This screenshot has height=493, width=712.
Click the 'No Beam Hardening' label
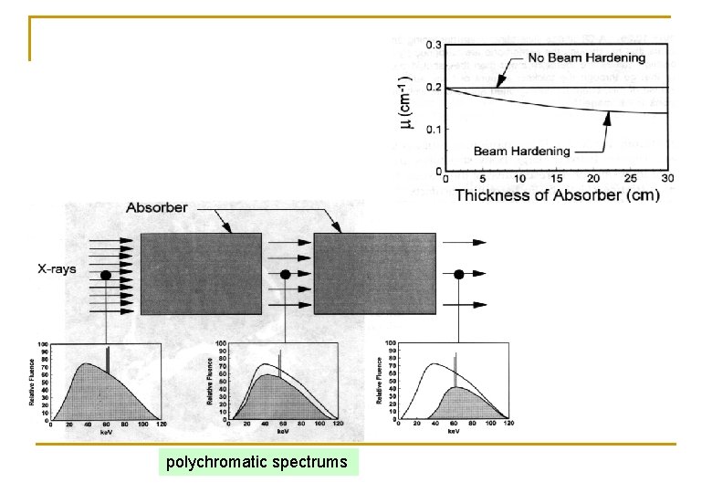click(x=586, y=58)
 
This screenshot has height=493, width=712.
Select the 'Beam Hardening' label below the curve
click(x=522, y=151)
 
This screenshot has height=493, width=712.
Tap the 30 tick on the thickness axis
click(x=668, y=179)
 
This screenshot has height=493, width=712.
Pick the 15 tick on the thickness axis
click(x=556, y=179)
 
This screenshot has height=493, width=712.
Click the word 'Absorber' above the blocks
click(x=157, y=207)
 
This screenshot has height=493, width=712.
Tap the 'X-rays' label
click(x=57, y=269)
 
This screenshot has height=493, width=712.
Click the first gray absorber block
click(x=201, y=273)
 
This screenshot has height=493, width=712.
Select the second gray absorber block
click(x=372, y=273)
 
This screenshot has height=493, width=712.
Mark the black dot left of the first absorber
click(x=106, y=274)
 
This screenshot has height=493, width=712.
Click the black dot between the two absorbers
click(x=285, y=274)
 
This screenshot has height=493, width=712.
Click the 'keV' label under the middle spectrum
click(x=280, y=433)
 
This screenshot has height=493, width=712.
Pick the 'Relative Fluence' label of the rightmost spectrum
click(x=379, y=381)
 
